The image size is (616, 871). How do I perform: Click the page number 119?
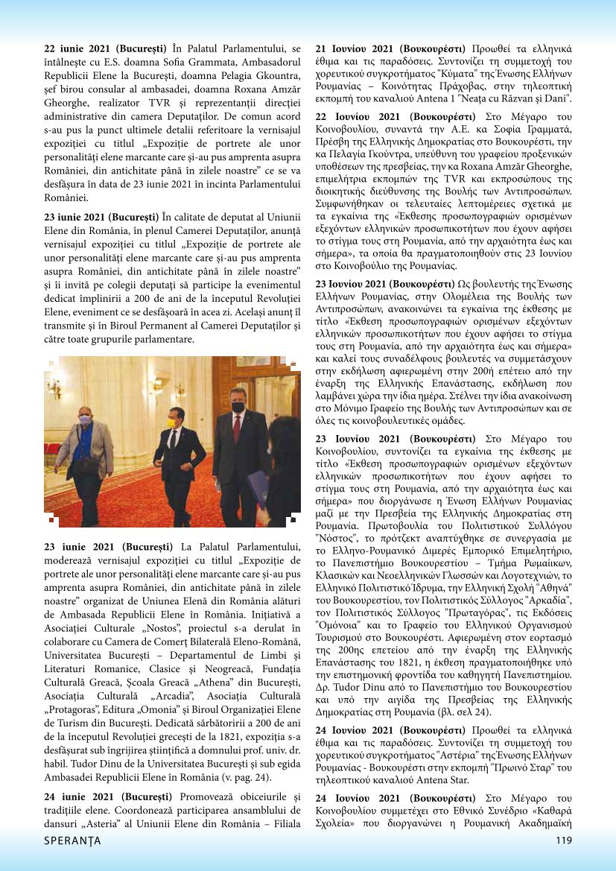[563, 840]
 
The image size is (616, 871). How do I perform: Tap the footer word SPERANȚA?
[72, 840]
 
